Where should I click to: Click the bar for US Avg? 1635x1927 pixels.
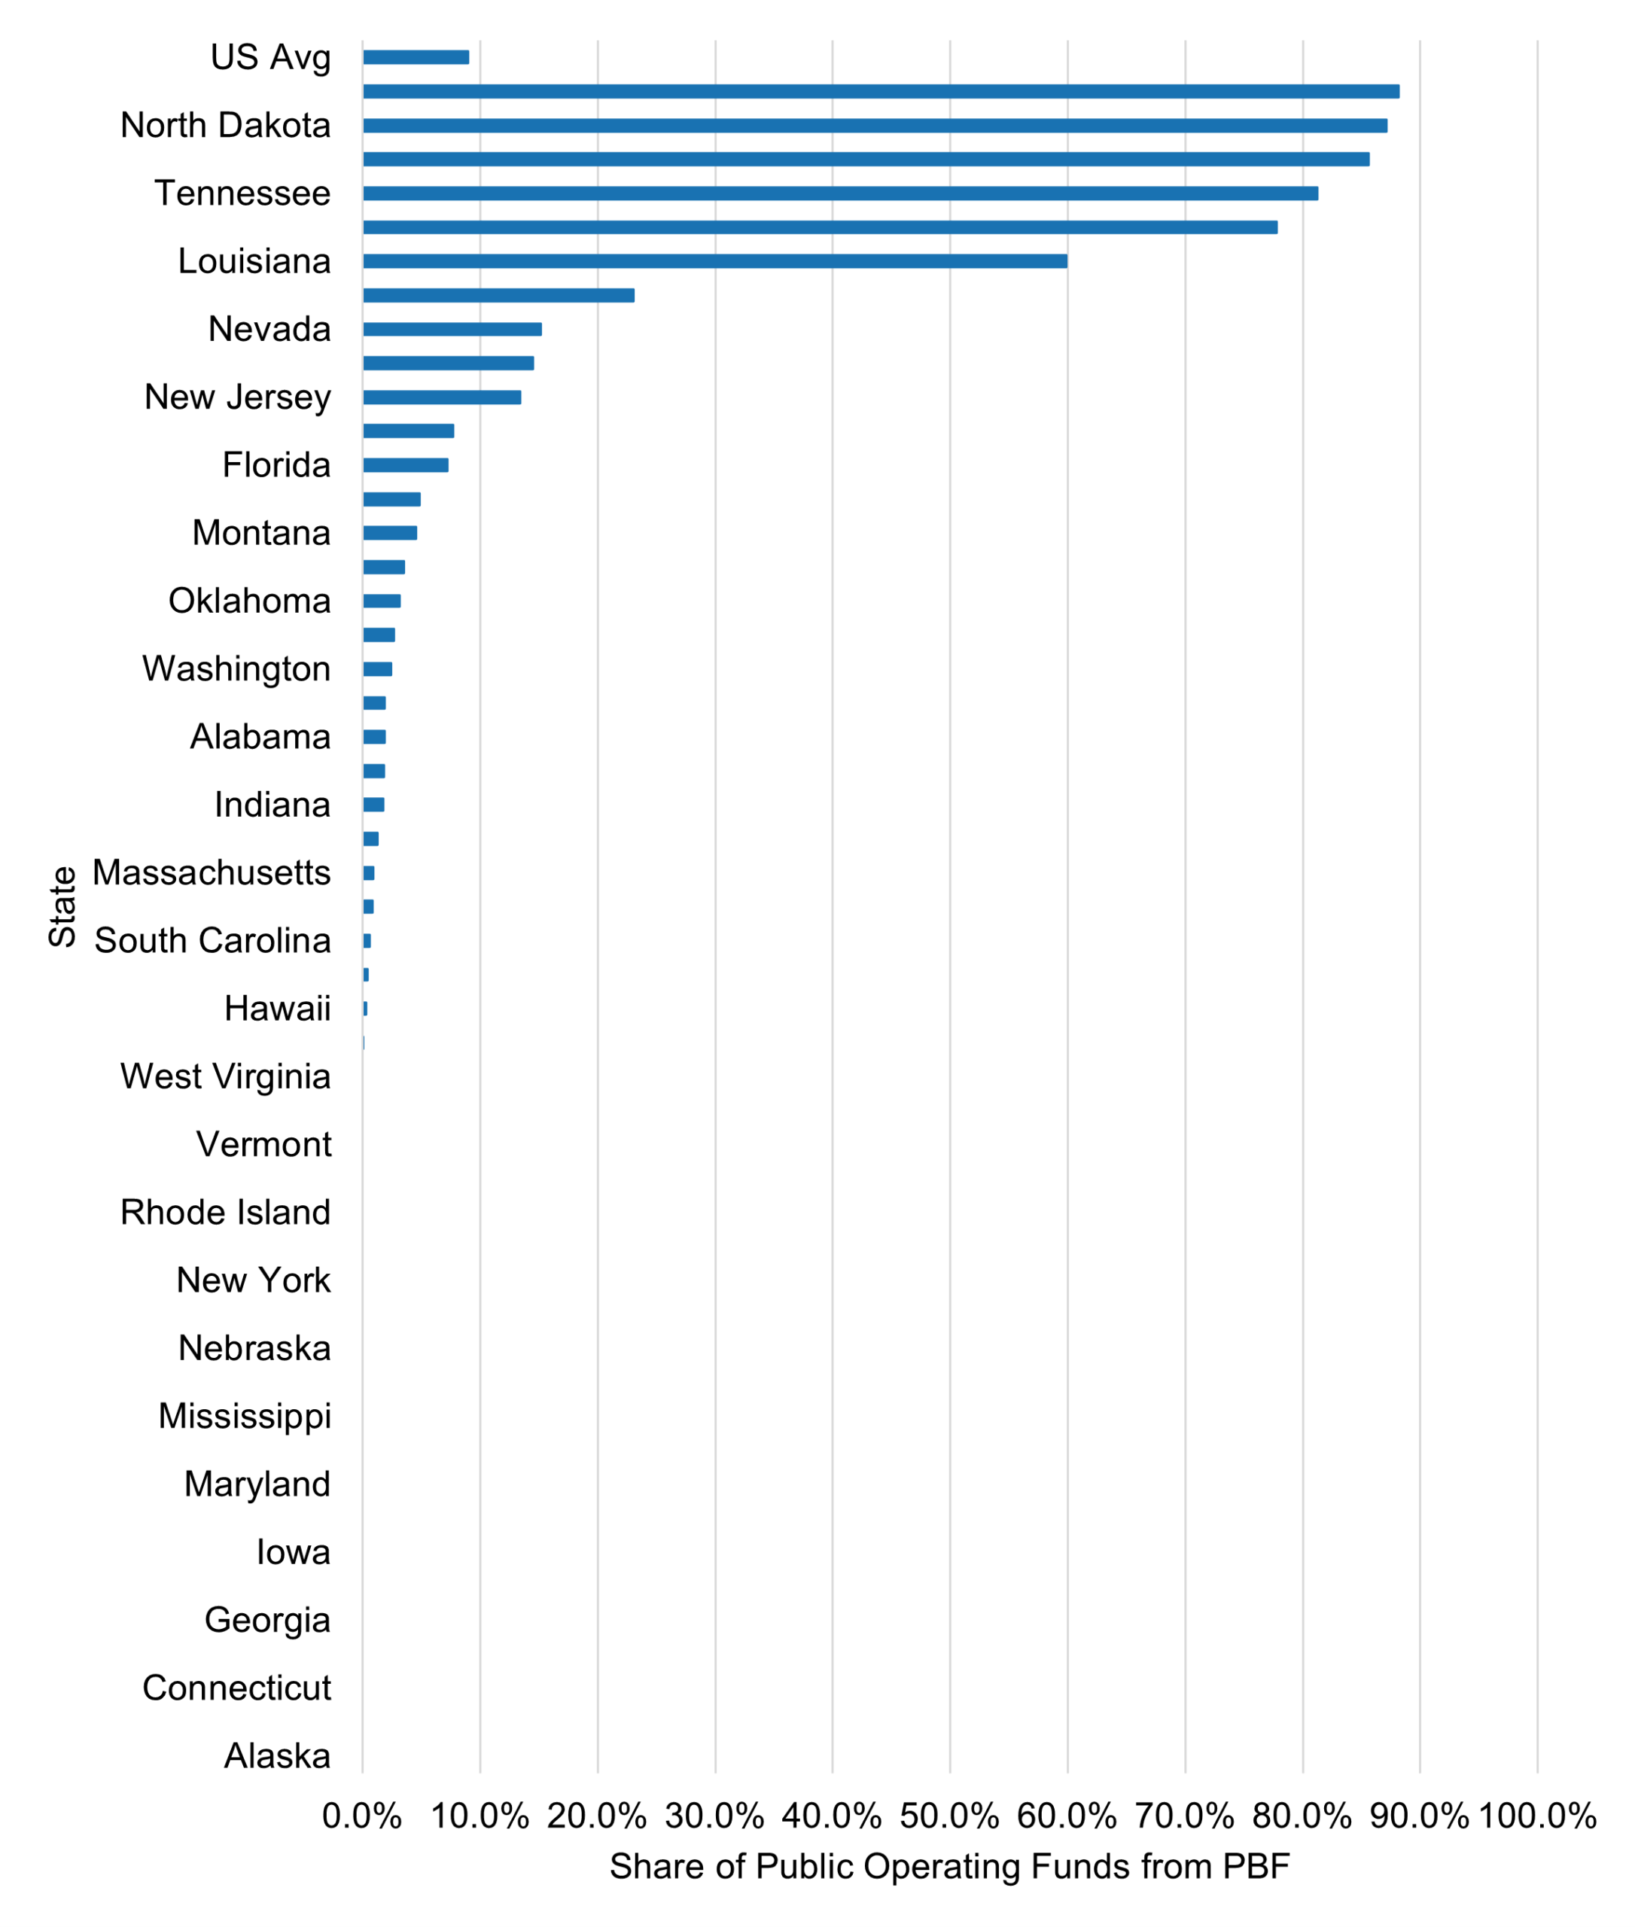pos(416,57)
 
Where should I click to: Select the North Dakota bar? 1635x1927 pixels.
pos(874,126)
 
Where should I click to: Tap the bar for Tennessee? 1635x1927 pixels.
pos(840,193)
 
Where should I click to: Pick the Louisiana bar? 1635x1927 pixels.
pos(714,261)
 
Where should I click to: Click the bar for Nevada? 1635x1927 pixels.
pos(452,329)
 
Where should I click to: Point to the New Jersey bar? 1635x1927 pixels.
pos(441,397)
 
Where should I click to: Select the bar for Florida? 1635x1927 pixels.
pos(405,465)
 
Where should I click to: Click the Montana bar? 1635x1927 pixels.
pos(389,533)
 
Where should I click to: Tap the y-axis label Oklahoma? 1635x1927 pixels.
pos(249,601)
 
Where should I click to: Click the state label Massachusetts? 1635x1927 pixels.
pos(212,873)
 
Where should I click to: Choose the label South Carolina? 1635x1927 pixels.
pos(212,941)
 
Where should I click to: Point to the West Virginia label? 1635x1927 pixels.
pos(225,1077)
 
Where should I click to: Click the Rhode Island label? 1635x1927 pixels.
pos(225,1213)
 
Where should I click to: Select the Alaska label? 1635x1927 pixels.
pos(277,1756)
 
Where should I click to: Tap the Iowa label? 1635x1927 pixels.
pos(293,1553)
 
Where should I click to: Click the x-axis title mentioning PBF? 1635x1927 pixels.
pos(949,1867)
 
